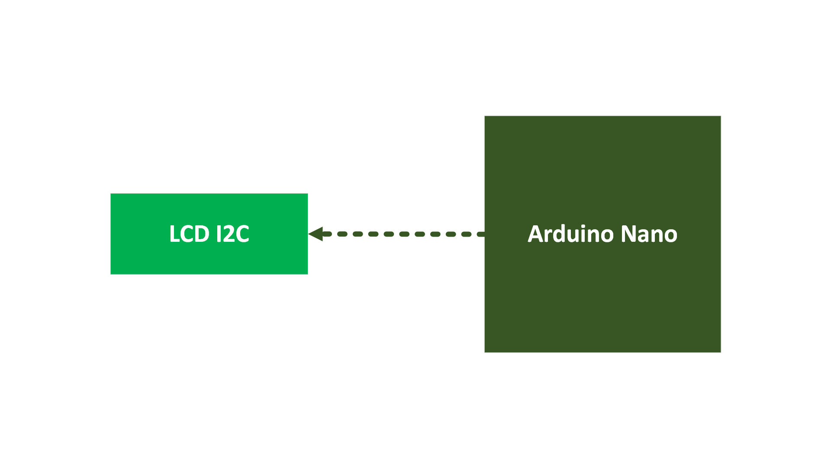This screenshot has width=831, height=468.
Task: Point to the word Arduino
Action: pyautogui.click(x=570, y=234)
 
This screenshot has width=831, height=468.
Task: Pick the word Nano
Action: pyautogui.click(x=649, y=234)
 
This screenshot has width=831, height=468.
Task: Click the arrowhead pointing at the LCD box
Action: pyautogui.click(x=316, y=234)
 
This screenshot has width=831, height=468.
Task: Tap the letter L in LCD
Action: pyautogui.click(x=174, y=234)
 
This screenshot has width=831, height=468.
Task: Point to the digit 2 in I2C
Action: pyautogui.click(x=228, y=234)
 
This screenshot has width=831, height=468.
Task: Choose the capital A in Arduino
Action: pyautogui.click(x=535, y=234)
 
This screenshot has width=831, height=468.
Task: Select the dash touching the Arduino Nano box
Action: pyautogui.click(x=480, y=234)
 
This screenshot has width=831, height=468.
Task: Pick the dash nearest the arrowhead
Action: pyautogui.click(x=327, y=234)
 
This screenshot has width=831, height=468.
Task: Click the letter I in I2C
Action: pyautogui.click(x=219, y=234)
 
